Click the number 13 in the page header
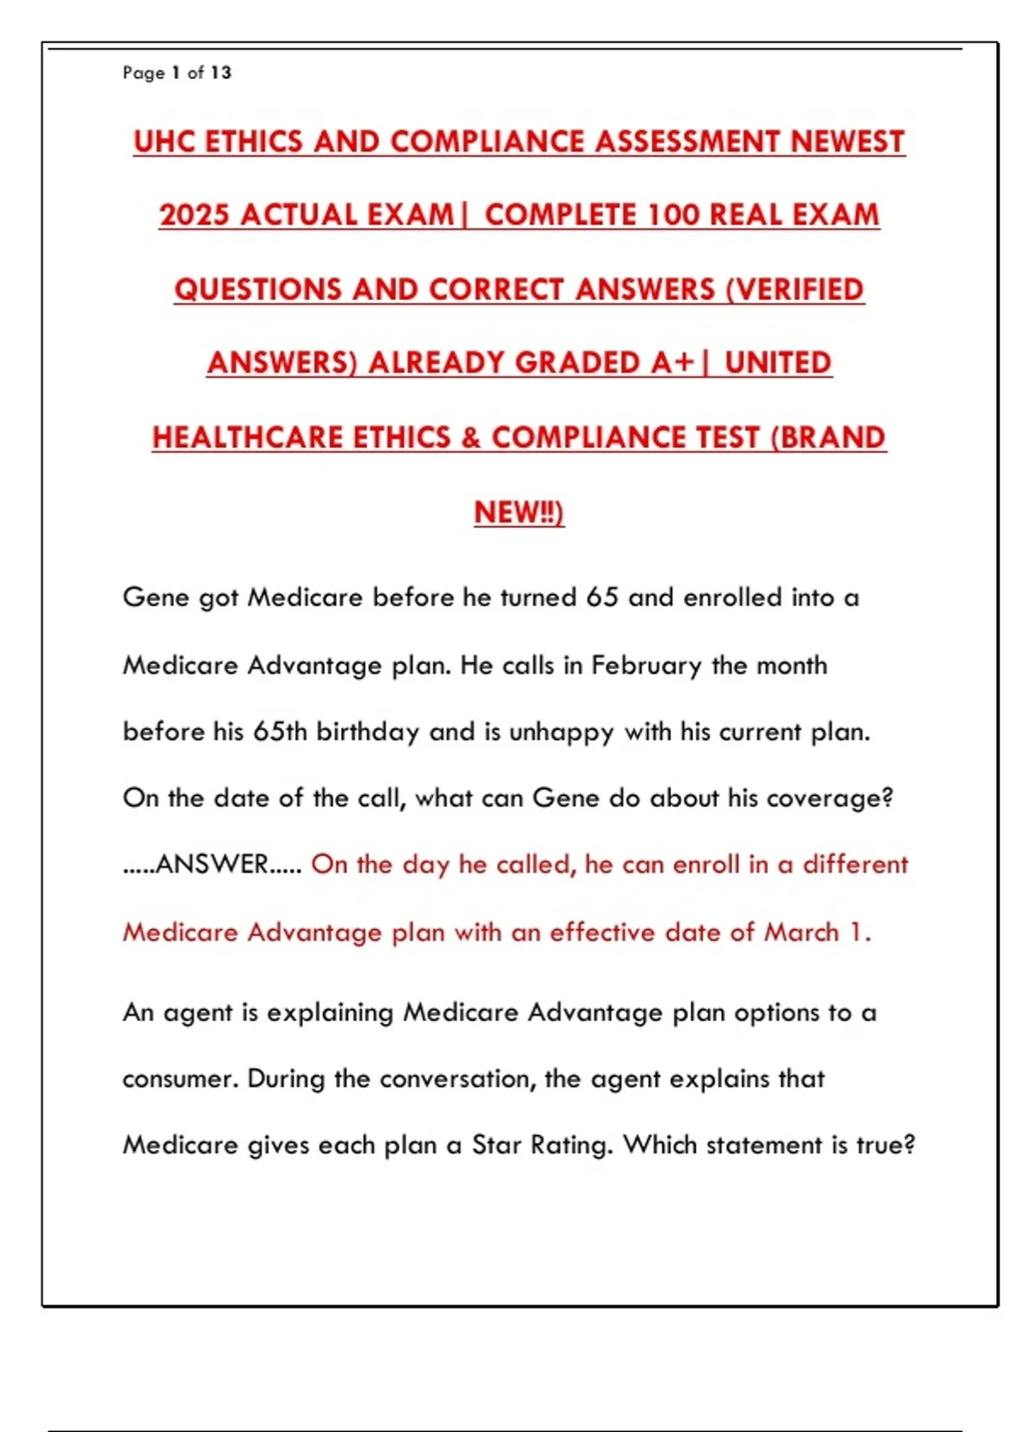tap(221, 72)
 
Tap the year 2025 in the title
tap(194, 215)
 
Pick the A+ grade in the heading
tap(672, 363)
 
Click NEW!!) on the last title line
tap(519, 512)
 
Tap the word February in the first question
tap(646, 665)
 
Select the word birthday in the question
tap(367, 731)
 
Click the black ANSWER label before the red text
tap(212, 864)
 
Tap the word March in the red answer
tap(801, 932)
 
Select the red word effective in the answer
tap(602, 932)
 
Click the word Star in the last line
tap(497, 1146)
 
